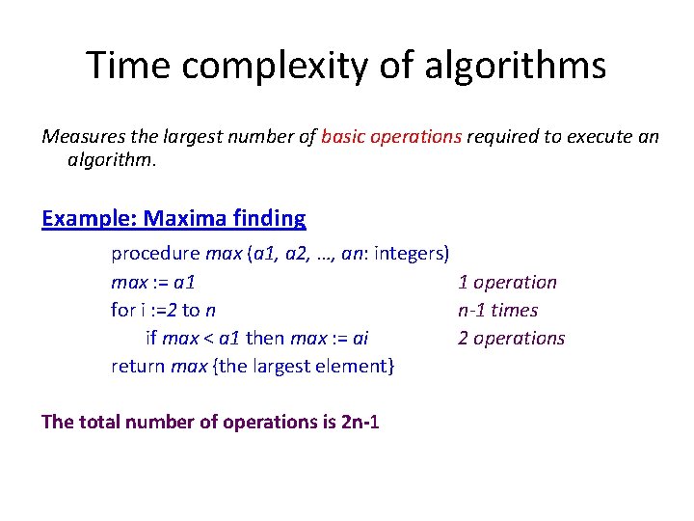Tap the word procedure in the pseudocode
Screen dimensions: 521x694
pos(155,255)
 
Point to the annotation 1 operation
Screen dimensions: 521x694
pos(507,283)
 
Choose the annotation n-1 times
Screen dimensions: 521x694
pos(497,311)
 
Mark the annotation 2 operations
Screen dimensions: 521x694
pos(511,339)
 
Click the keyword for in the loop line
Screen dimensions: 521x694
pos(122,311)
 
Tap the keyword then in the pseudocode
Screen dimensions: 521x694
pos(265,339)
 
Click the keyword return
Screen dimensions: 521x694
pos(138,367)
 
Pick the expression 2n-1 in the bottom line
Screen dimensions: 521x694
pos(360,422)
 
